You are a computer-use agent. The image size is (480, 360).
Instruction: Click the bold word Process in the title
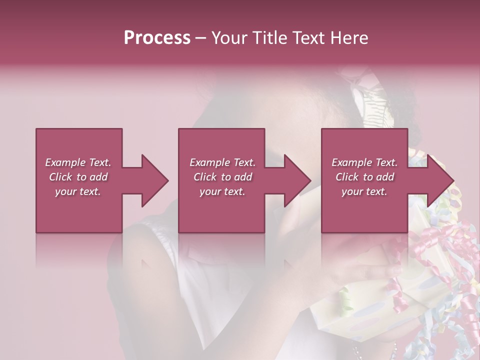coord(157,38)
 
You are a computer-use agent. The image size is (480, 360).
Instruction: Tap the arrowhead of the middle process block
coord(297,180)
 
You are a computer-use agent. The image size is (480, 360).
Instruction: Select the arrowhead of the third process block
coord(440,180)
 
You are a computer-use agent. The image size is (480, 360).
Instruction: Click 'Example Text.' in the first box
coord(78,162)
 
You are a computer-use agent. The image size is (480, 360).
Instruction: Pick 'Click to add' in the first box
coord(78,177)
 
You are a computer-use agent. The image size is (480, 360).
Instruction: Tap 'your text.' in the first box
coord(78,191)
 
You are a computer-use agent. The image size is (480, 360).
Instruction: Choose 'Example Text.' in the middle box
coord(222,162)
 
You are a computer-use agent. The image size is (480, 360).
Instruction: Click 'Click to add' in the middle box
coord(222,177)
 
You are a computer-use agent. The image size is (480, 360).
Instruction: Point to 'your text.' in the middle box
coord(222,191)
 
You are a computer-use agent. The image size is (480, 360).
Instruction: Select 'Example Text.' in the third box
coord(364,162)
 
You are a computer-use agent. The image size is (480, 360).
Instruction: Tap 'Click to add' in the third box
coord(364,177)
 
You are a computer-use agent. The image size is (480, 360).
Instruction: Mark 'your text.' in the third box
coord(364,191)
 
